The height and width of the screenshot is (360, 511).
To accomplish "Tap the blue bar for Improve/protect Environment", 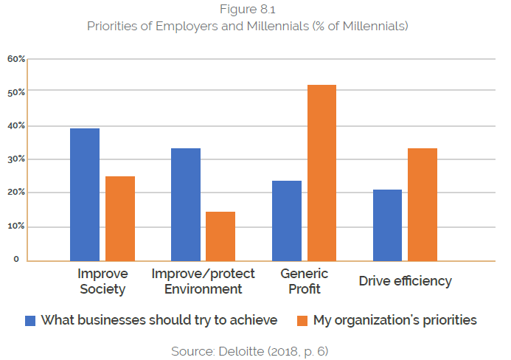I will [186, 204].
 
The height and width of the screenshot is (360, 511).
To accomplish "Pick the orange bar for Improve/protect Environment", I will [220, 236].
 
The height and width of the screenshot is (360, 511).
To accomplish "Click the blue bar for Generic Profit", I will [287, 221].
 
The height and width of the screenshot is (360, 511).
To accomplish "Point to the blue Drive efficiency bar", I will [388, 225].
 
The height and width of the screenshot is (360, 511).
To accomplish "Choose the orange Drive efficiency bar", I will [423, 204].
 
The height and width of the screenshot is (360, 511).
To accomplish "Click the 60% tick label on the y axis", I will [17, 59].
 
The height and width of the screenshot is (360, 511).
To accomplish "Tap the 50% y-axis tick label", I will [17, 92].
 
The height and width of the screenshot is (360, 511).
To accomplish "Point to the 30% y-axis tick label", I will [17, 159].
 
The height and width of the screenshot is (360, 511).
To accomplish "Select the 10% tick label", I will [17, 226].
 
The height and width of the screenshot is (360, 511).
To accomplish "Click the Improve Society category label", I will [102, 281].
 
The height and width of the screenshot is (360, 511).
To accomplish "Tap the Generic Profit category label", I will [305, 281].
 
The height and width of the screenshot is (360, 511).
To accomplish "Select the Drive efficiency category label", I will [405, 281].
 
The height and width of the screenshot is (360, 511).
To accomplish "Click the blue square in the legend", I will [31, 320].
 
